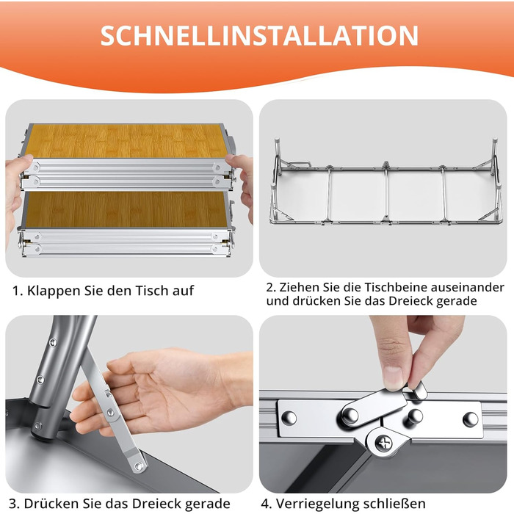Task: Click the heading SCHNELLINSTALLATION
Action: [259, 35]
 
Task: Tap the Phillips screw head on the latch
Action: [383, 444]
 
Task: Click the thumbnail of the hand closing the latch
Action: [383, 404]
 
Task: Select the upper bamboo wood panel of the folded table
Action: [126, 141]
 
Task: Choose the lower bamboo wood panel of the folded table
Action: [126, 209]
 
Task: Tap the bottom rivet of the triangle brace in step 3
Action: [139, 466]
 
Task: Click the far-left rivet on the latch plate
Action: [289, 418]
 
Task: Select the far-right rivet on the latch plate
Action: [470, 419]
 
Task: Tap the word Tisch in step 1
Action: [152, 291]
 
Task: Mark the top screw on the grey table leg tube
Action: [52, 343]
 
